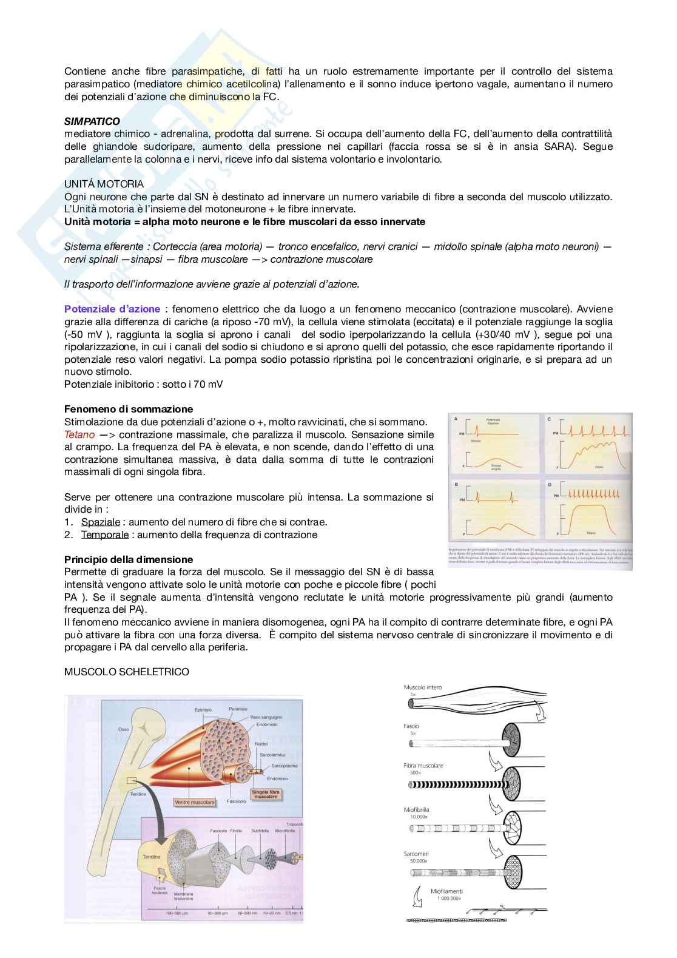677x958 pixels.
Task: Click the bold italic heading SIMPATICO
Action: click(92, 121)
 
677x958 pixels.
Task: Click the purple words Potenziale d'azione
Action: click(112, 309)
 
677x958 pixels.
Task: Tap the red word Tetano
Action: click(79, 434)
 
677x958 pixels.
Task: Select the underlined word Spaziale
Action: click(101, 522)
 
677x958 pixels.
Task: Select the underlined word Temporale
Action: click(105, 535)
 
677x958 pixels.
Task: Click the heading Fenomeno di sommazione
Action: click(129, 409)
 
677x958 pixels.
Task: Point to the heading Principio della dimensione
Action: click(129, 559)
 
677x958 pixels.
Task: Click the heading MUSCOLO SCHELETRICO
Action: click(126, 672)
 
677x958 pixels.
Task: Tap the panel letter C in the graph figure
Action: click(549, 419)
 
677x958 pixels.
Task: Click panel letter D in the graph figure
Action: click(549, 485)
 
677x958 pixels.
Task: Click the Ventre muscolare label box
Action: click(195, 801)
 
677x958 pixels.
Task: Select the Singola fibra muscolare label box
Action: click(266, 794)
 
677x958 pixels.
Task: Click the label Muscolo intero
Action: click(423, 687)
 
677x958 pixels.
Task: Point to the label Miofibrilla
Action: click(417, 810)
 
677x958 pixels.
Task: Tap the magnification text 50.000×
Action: click(416, 861)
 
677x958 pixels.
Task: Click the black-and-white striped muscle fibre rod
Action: click(455, 784)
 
